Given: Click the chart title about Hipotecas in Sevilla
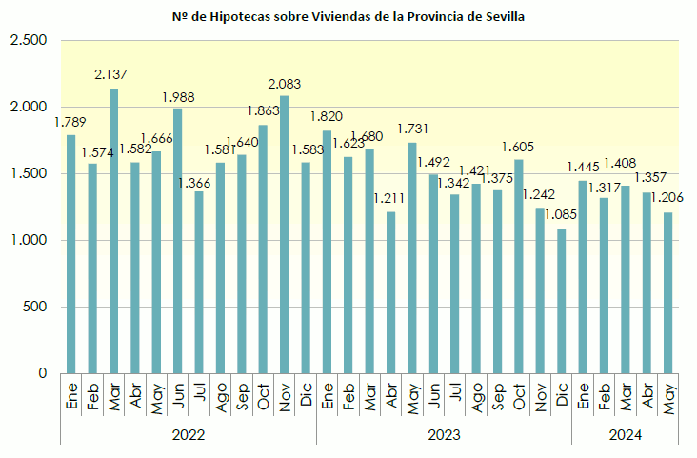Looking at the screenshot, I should pos(348,17).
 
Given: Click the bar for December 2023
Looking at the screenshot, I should pos(562,301).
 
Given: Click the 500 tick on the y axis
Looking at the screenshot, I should pos(34,308).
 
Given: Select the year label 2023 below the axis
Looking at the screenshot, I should pos(444,435).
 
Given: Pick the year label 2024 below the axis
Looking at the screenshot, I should pos(625,435).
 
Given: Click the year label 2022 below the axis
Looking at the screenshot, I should pos(188,435).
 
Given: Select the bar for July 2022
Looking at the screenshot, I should pos(199,282).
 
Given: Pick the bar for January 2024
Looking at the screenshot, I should pos(583,276).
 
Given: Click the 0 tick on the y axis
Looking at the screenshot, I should pos(41,374).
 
